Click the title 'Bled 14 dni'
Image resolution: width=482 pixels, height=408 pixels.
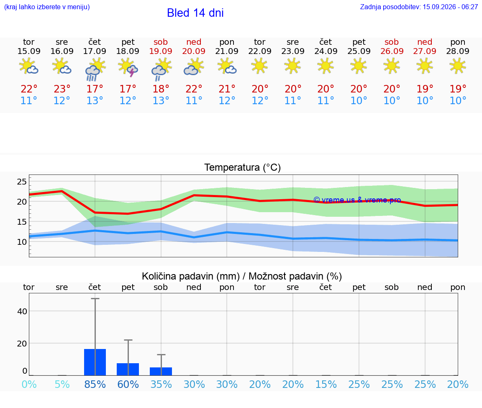(x=195, y=13)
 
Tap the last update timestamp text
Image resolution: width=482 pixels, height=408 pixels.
(x=419, y=7)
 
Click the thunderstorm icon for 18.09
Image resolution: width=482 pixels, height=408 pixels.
(x=128, y=67)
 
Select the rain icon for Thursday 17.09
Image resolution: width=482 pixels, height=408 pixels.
(x=95, y=69)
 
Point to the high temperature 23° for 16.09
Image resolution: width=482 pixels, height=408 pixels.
(x=62, y=89)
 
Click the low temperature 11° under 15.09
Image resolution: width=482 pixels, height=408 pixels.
(x=29, y=100)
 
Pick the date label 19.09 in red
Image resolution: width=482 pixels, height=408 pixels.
(x=161, y=51)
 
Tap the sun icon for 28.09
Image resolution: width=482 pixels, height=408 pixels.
(x=458, y=66)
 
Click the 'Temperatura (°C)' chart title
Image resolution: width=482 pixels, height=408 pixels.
(x=243, y=167)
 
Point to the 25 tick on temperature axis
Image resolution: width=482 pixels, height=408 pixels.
(x=22, y=181)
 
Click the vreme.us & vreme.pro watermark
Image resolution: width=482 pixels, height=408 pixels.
(x=357, y=200)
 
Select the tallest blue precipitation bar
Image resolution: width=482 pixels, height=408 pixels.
(x=95, y=362)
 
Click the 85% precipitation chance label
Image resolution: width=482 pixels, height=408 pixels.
(x=95, y=384)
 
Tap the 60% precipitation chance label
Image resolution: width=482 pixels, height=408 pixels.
(x=128, y=384)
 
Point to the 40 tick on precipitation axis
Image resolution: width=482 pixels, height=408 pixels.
(x=22, y=311)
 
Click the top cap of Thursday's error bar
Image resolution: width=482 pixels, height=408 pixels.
(x=95, y=298)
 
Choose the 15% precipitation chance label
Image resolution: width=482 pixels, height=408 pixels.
(x=326, y=384)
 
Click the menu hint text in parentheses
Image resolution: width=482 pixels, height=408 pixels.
(x=47, y=7)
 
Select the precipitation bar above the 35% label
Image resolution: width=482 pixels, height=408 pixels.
(x=161, y=372)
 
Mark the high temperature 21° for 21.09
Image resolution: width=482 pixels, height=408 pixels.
(x=227, y=89)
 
